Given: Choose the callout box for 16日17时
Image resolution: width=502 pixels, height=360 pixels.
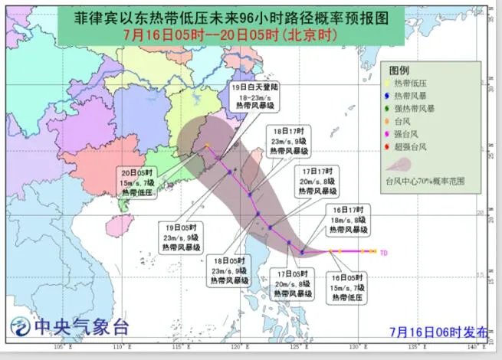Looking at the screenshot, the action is pyautogui.click(x=349, y=219).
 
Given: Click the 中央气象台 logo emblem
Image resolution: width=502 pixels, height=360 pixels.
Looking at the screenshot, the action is pyautogui.click(x=19, y=329).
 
